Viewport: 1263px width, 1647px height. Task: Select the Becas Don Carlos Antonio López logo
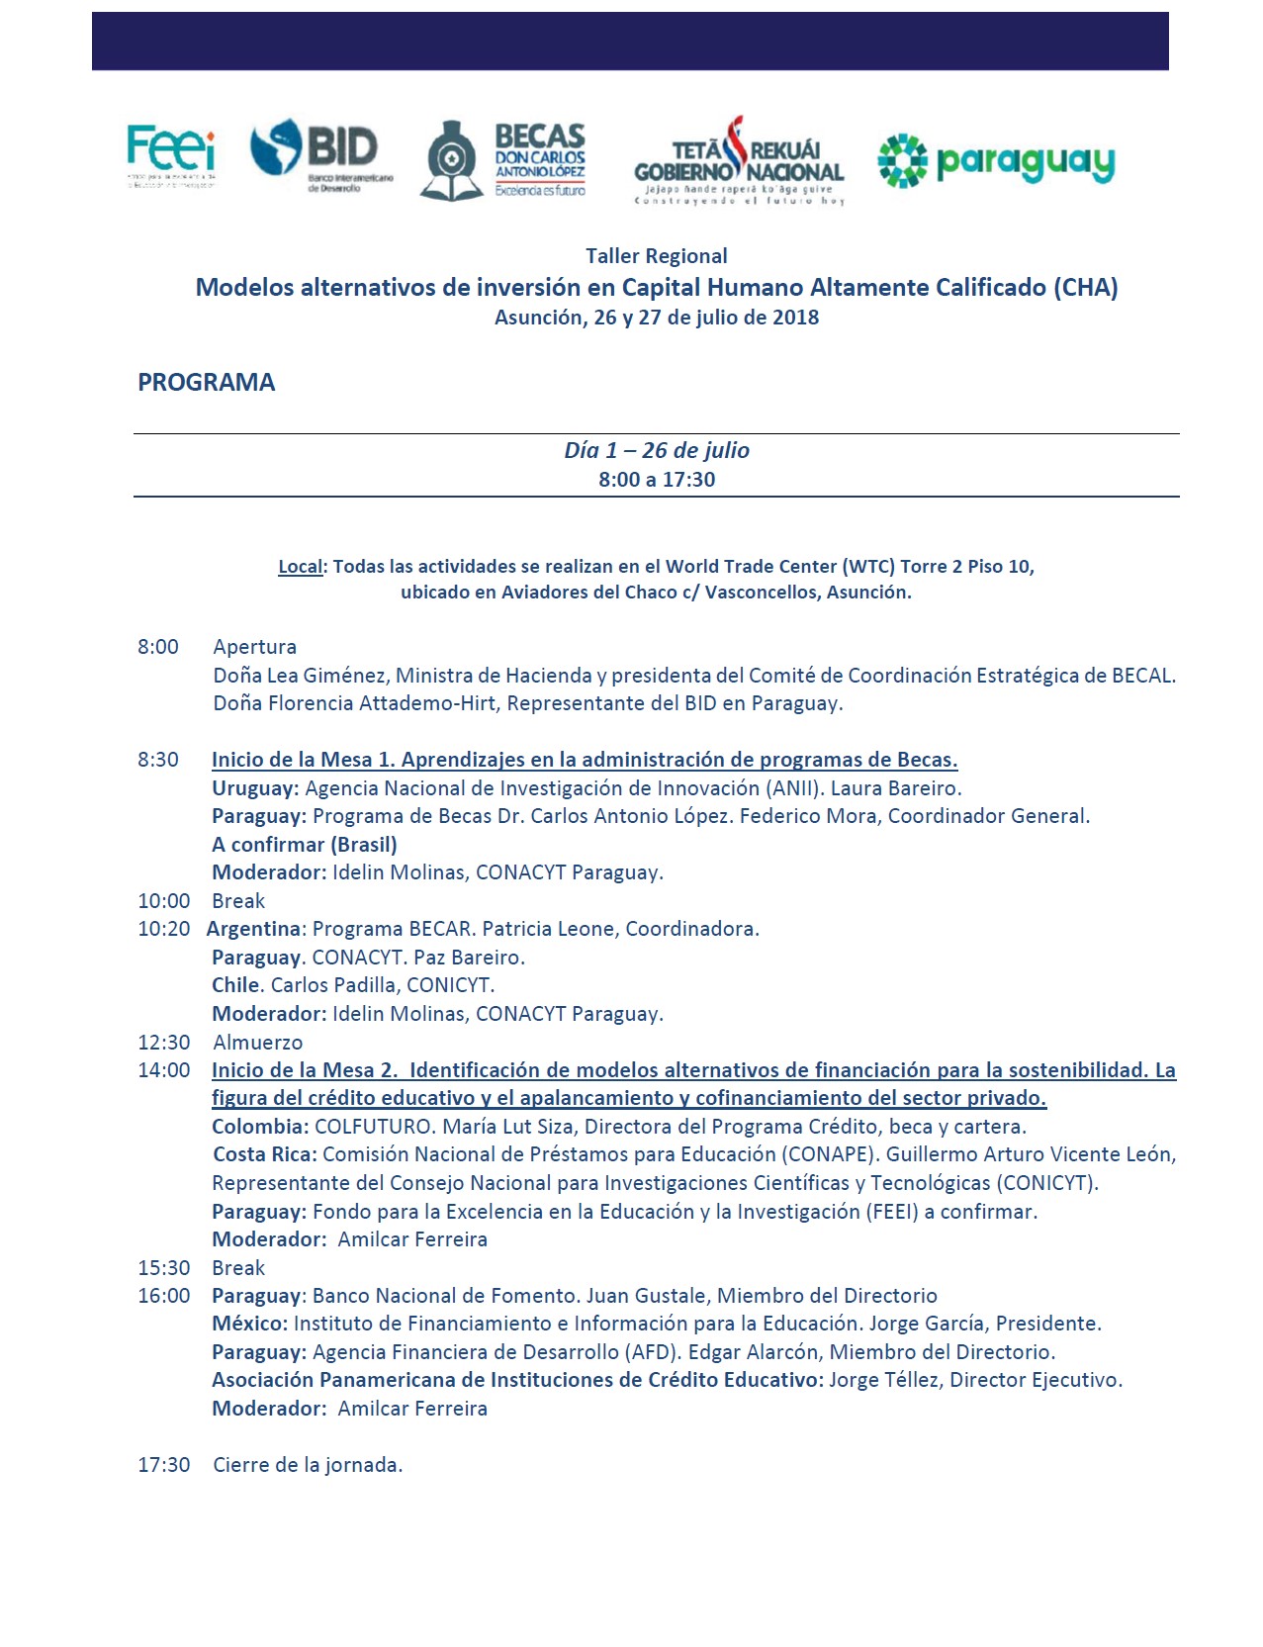pos(505,161)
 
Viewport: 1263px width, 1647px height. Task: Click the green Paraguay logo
pos(996,161)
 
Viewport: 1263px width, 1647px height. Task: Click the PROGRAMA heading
pos(206,383)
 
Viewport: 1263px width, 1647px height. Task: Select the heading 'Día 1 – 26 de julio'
pos(656,450)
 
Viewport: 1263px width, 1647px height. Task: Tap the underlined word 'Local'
pos(301,567)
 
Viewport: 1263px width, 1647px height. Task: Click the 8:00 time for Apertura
pos(158,647)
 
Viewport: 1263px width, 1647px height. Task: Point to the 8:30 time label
pos(158,760)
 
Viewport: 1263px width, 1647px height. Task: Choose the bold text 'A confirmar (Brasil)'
pos(305,845)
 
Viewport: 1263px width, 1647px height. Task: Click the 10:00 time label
pos(164,901)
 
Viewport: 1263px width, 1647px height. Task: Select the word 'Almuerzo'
pos(258,1043)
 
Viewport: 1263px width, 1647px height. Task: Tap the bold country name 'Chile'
pos(235,985)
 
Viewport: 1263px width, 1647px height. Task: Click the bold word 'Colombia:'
pos(260,1127)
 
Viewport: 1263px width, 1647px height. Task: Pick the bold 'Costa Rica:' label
pos(265,1154)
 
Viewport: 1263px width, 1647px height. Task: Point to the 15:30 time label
pos(164,1268)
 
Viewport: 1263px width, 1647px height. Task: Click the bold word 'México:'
pos(249,1324)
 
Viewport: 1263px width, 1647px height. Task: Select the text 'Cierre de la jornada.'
pos(308,1465)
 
